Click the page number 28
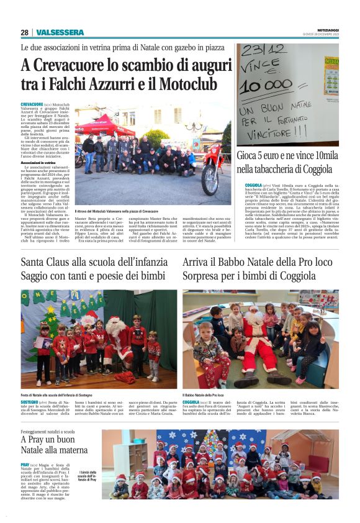24,32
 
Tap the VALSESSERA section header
60,32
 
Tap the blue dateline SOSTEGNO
32,402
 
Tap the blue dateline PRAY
25,465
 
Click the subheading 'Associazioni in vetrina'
40,162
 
